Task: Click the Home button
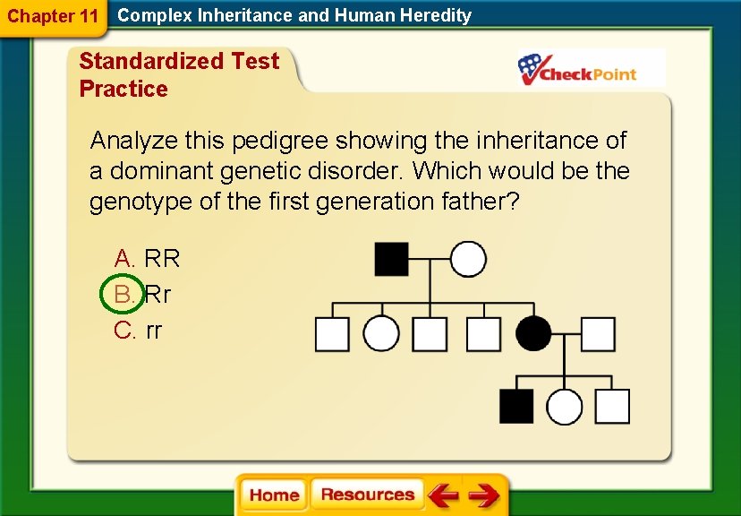[x=274, y=495]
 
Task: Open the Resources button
[x=367, y=495]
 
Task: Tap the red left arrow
[x=443, y=495]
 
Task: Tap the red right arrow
[x=484, y=495]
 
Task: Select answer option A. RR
[x=148, y=259]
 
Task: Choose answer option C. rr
[x=139, y=331]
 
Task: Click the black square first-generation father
[x=391, y=259]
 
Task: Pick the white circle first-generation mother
[x=468, y=259]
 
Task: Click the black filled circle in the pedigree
[x=535, y=334]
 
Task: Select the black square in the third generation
[x=516, y=406]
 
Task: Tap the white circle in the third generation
[x=564, y=406]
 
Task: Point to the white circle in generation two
[x=381, y=334]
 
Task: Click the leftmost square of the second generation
[x=331, y=334]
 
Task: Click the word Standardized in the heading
[x=150, y=62]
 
